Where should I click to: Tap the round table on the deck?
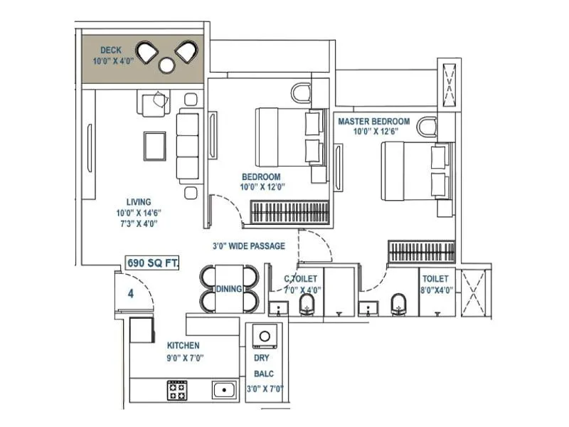point(167,65)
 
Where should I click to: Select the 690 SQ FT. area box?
point(152,263)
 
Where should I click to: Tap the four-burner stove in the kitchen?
point(177,389)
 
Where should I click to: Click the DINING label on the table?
point(230,289)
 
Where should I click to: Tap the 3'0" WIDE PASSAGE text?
point(248,246)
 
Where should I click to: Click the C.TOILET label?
point(300,279)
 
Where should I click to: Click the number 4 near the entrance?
point(131,292)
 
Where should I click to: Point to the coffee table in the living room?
point(154,147)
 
